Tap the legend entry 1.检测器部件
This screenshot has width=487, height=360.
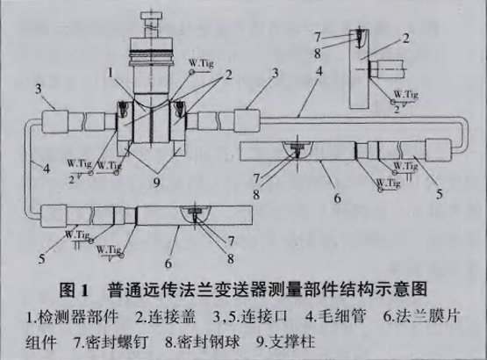61,312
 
